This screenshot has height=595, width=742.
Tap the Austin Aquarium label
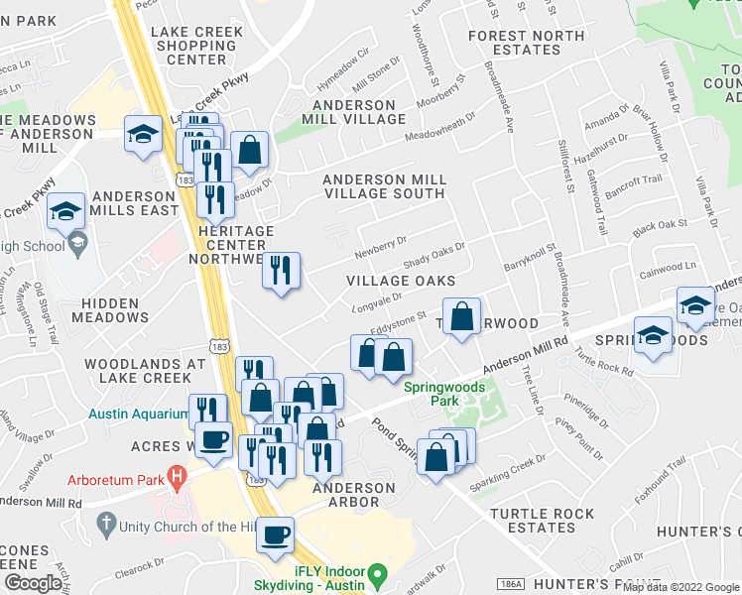(x=138, y=414)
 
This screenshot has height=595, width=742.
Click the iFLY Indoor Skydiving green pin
(x=377, y=574)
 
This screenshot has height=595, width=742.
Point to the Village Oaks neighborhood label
(x=401, y=281)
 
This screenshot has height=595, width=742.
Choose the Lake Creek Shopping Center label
(x=197, y=46)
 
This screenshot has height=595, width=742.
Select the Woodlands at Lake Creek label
(x=138, y=371)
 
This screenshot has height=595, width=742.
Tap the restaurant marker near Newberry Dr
(x=281, y=270)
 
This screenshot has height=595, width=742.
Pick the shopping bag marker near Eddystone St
(x=461, y=317)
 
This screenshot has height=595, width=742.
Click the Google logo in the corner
(x=33, y=583)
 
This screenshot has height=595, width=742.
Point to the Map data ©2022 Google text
(x=680, y=587)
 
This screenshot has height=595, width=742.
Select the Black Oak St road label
(x=660, y=227)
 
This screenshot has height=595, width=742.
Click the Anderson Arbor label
(x=354, y=495)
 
